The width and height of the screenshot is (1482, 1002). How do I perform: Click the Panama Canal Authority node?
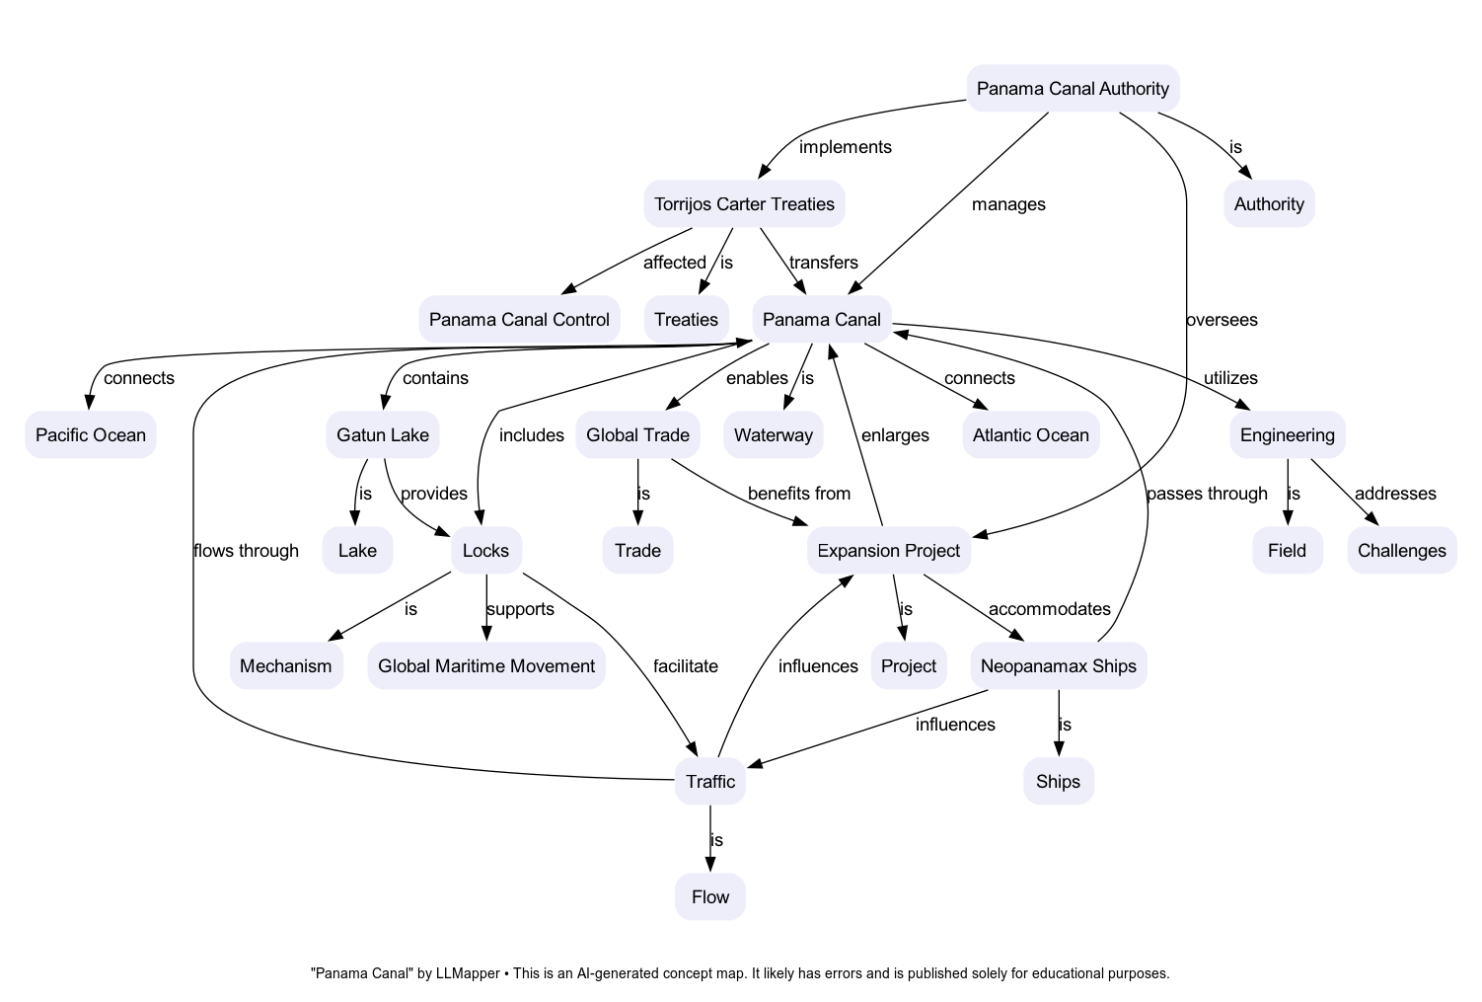[1073, 89]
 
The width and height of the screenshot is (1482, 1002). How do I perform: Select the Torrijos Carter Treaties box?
[744, 204]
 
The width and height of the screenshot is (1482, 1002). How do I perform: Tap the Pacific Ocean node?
[91, 435]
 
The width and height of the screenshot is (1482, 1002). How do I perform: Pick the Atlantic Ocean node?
[1030, 435]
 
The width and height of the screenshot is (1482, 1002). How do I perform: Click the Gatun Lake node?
[383, 435]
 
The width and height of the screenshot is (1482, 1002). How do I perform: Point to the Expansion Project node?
[888, 551]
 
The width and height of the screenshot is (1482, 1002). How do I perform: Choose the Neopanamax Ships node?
[1059, 666]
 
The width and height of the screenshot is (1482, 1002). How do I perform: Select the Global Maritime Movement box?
[486, 666]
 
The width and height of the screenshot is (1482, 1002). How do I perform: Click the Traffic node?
[710, 782]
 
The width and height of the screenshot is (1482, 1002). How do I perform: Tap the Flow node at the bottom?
[710, 897]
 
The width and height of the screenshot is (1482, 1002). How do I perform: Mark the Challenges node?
[1401, 551]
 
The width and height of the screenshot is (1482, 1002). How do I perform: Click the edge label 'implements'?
[845, 147]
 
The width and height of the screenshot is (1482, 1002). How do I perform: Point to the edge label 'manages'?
[1007, 204]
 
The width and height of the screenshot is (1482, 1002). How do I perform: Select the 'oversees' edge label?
[1222, 320]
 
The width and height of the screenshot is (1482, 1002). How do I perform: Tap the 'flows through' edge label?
[246, 551]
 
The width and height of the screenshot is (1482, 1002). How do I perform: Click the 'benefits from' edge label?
[798, 494]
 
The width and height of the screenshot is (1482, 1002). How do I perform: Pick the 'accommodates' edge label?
[1049, 609]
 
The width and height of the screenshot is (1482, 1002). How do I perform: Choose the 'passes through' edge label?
[1207, 494]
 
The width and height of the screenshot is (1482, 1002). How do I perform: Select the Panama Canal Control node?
[519, 320]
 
